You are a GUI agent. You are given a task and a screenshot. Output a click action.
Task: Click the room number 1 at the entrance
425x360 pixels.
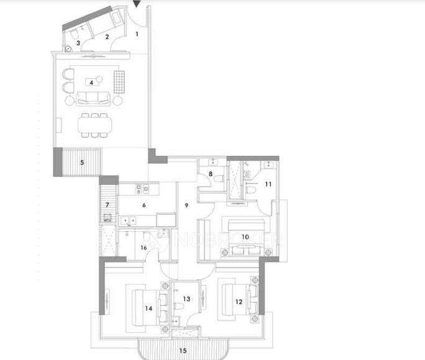(x=137, y=34)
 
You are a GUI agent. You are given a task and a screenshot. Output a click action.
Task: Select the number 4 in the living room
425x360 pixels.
(x=91, y=81)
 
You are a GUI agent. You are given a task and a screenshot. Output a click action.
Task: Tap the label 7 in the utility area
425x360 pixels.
(x=107, y=205)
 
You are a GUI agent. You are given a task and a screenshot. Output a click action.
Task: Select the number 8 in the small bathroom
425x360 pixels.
(x=211, y=175)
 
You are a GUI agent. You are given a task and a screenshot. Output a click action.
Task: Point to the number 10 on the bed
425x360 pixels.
(x=245, y=237)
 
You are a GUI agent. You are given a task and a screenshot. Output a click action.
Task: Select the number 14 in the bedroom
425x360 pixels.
(x=148, y=307)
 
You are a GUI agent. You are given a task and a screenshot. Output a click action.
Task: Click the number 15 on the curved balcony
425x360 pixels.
(x=183, y=350)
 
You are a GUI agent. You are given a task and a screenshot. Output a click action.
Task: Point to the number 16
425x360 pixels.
(x=144, y=248)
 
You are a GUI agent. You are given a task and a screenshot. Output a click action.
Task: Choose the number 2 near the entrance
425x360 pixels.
(x=107, y=37)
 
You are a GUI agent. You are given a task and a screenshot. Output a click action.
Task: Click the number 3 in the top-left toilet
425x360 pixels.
(x=78, y=43)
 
